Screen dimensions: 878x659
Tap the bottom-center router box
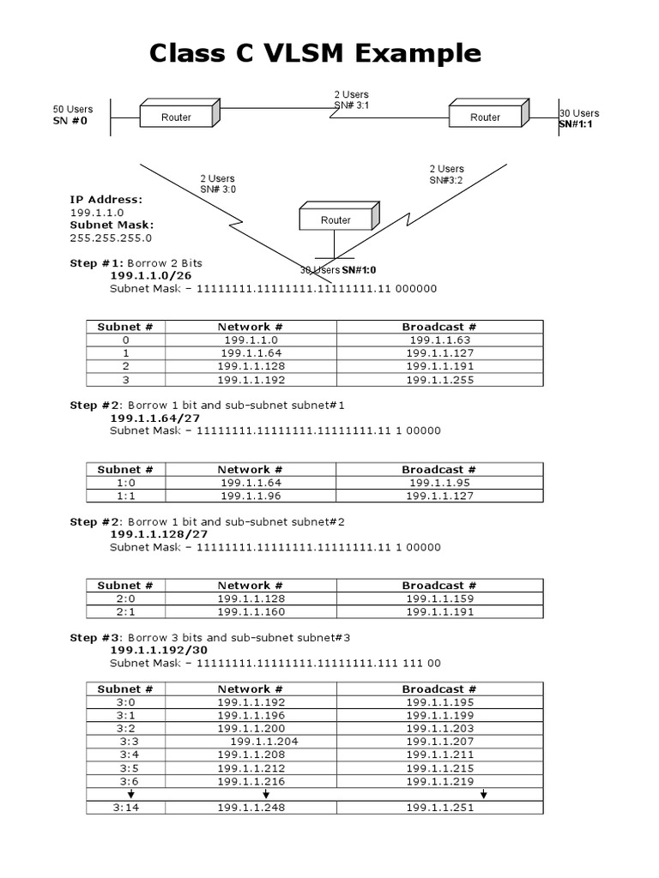(x=336, y=219)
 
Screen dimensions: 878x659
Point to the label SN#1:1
(x=576, y=124)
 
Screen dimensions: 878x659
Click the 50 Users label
(x=73, y=110)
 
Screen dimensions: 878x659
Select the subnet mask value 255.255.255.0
(x=111, y=238)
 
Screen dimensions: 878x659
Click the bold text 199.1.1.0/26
(x=151, y=276)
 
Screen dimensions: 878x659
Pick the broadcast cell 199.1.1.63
(x=439, y=340)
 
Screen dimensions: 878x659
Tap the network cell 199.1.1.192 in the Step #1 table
(x=251, y=380)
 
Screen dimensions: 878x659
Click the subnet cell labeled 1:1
(x=125, y=496)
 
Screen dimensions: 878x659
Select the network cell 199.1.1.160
(x=251, y=611)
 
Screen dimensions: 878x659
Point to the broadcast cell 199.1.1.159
(x=439, y=598)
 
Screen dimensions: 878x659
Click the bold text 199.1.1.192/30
(x=160, y=650)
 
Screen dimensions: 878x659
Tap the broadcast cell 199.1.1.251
(x=439, y=808)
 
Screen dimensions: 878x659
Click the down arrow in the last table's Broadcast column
(x=484, y=794)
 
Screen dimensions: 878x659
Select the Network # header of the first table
(x=251, y=327)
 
